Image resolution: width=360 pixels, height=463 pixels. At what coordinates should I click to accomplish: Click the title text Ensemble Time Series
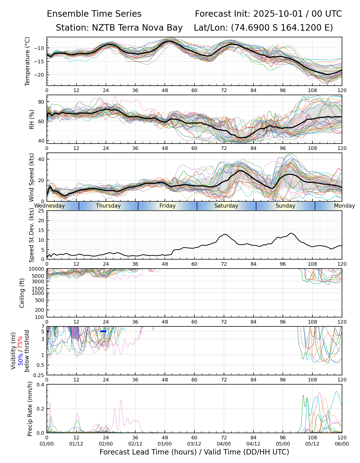tap(94, 14)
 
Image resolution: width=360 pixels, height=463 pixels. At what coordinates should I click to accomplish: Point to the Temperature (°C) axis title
tap(28, 61)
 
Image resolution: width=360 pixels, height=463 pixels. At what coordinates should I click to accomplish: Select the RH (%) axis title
tap(32, 119)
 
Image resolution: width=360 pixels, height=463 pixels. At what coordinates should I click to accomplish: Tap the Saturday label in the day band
tap(226, 206)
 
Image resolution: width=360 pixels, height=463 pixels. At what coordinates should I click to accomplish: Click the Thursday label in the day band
tap(108, 206)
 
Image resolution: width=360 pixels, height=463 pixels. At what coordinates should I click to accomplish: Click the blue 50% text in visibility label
tap(20, 358)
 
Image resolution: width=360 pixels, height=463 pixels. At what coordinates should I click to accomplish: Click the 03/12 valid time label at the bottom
tap(194, 444)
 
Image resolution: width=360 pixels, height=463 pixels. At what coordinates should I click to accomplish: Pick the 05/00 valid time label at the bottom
tap(283, 444)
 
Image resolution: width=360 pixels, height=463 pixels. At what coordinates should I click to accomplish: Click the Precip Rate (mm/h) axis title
tap(30, 408)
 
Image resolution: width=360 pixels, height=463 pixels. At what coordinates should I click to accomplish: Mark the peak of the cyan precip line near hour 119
tap(336, 391)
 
